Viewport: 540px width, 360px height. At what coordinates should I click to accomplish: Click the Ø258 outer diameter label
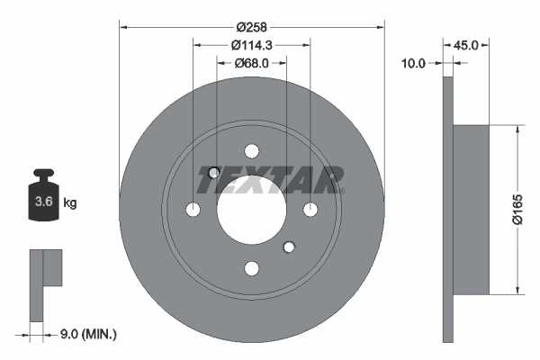(x=252, y=17)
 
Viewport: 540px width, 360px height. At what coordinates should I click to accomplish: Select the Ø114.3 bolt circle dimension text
(x=252, y=45)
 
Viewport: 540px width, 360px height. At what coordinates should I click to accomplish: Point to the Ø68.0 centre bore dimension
(x=252, y=63)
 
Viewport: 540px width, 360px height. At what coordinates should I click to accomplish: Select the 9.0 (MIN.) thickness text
(x=86, y=335)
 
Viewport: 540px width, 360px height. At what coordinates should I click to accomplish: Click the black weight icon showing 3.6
(x=42, y=199)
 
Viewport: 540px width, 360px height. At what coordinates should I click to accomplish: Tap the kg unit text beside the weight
(x=69, y=202)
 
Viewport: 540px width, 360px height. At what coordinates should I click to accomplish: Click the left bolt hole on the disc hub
(x=193, y=210)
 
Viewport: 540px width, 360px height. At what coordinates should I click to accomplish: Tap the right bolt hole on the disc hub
(x=310, y=210)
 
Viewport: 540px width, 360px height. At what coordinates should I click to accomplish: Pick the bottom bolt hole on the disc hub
(x=252, y=267)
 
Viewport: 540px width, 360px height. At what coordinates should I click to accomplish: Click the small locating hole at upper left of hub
(x=214, y=173)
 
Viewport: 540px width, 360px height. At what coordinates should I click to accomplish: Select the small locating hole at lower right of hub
(x=289, y=246)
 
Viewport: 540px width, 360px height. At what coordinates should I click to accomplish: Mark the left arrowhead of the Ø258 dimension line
(x=123, y=26)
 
